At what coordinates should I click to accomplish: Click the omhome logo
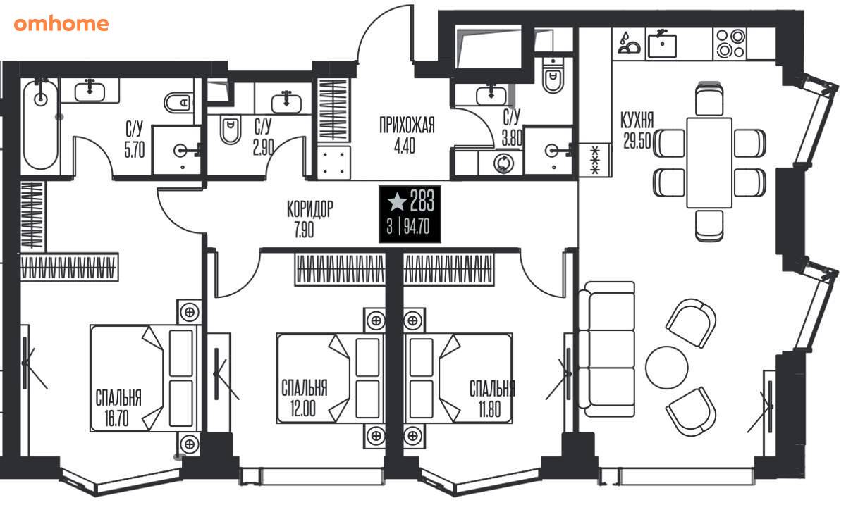pyautogui.click(x=61, y=24)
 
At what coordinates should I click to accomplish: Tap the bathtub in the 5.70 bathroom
pyautogui.click(x=40, y=125)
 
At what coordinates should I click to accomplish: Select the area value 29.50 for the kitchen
pyautogui.click(x=637, y=141)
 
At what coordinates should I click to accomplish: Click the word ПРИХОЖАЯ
pyautogui.click(x=407, y=125)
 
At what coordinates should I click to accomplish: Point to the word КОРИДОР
pyautogui.click(x=310, y=208)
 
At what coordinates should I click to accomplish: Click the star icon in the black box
pyautogui.click(x=397, y=201)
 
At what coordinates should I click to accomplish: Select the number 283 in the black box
pyautogui.click(x=422, y=201)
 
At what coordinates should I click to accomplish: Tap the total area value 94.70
pyautogui.click(x=417, y=227)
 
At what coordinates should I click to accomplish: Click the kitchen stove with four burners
pyautogui.click(x=730, y=44)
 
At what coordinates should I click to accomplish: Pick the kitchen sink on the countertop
pyautogui.click(x=662, y=44)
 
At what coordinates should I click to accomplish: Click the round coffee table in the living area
pyautogui.click(x=667, y=367)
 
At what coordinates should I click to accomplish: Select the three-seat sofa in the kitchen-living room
pyautogui.click(x=606, y=349)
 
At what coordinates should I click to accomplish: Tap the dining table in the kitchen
pyautogui.click(x=709, y=163)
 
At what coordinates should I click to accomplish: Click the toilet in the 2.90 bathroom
pyautogui.click(x=230, y=129)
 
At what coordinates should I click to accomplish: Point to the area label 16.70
pyautogui.click(x=117, y=418)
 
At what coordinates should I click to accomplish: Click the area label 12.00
pyautogui.click(x=303, y=409)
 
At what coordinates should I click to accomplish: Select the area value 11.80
pyautogui.click(x=490, y=409)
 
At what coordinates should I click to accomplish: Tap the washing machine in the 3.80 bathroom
pyautogui.click(x=503, y=163)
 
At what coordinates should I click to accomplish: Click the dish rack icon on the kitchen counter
pyautogui.click(x=629, y=44)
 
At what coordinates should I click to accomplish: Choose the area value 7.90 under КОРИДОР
pyautogui.click(x=304, y=229)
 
